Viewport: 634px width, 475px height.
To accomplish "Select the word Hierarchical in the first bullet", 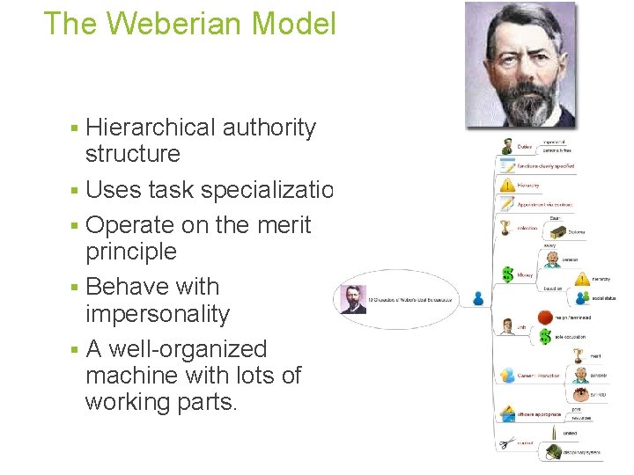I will point(151,128).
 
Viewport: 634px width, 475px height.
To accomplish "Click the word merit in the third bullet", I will point(284,225).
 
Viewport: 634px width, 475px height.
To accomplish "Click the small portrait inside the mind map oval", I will point(354,299).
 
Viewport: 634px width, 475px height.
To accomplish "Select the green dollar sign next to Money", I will point(507,274).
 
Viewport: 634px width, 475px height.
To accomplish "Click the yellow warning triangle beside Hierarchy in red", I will point(507,185).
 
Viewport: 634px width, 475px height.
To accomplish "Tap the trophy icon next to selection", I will point(506,228).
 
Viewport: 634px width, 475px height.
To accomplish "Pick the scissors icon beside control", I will point(505,443).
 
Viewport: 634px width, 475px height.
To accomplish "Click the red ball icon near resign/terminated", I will point(546,317).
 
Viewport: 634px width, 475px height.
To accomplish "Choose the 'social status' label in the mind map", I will point(603,298).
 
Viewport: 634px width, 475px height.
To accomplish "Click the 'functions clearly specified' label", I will point(546,165).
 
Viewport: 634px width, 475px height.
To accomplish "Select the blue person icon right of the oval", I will point(478,298).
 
